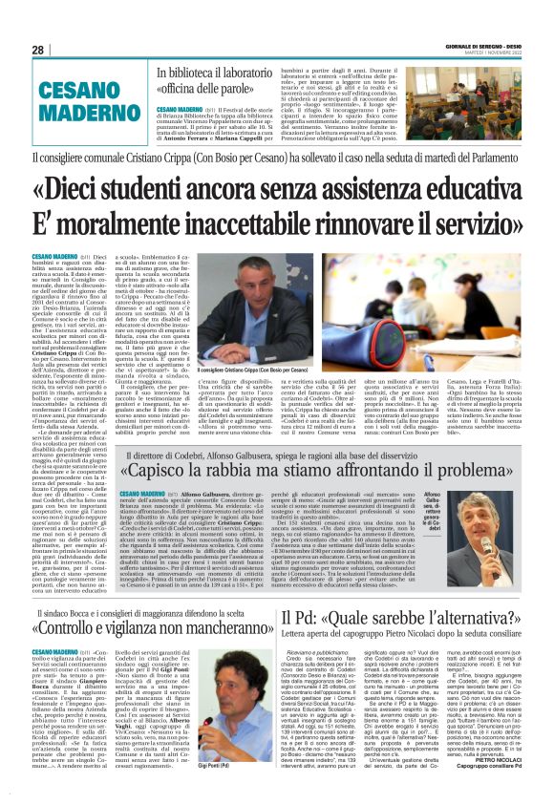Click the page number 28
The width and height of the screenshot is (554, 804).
[38, 51]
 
